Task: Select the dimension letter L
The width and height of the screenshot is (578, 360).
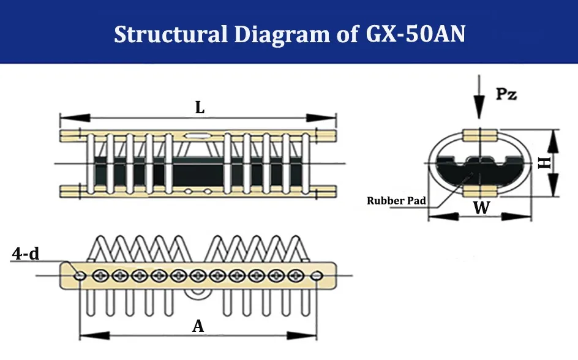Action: click(x=200, y=108)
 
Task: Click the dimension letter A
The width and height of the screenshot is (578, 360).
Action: click(x=198, y=326)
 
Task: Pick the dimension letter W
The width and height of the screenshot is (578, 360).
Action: click(x=482, y=208)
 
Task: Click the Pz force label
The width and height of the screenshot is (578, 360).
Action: click(x=507, y=95)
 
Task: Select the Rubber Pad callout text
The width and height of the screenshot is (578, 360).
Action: click(x=396, y=200)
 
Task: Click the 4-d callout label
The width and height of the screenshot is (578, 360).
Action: click(x=26, y=253)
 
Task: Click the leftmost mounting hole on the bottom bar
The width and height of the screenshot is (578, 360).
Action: click(x=80, y=276)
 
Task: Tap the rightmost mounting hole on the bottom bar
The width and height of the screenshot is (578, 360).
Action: click(x=316, y=276)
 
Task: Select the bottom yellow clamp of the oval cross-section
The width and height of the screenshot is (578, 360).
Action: click(x=479, y=192)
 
